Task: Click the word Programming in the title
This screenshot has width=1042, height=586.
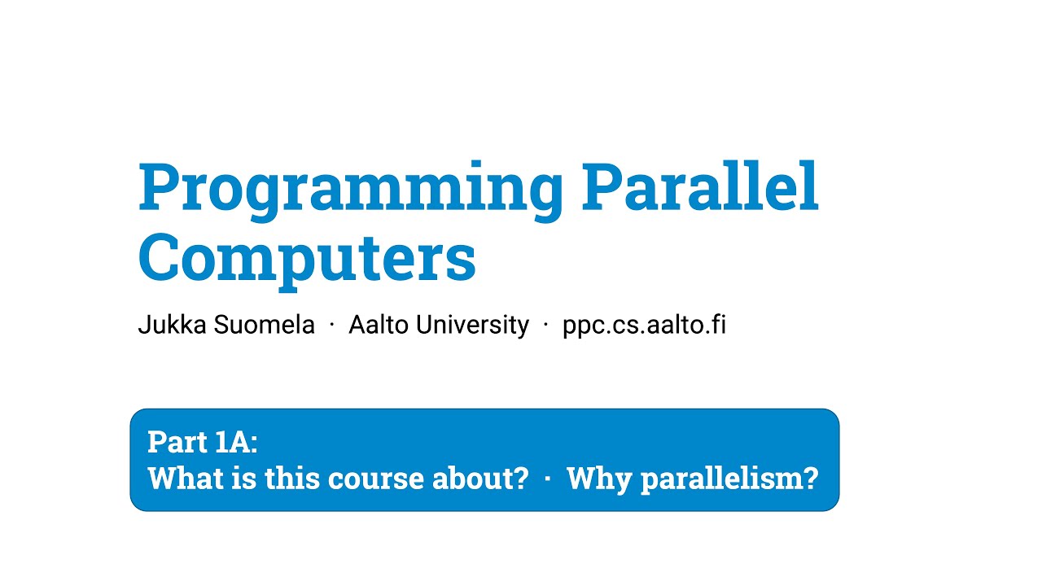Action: (x=350, y=189)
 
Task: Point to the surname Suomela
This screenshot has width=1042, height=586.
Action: (x=265, y=325)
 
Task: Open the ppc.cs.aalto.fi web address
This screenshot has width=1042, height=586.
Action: (x=644, y=325)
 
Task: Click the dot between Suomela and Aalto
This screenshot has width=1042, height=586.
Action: (x=332, y=326)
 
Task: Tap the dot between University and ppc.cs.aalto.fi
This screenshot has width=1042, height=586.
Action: (x=546, y=326)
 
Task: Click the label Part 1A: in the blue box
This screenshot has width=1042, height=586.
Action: (x=203, y=442)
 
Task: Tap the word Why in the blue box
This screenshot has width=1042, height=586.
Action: (x=599, y=479)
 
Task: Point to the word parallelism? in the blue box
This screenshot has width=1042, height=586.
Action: (x=729, y=479)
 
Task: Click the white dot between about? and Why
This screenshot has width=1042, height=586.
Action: (x=547, y=479)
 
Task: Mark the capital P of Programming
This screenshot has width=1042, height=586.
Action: (x=159, y=187)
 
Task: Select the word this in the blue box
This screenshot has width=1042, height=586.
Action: (x=291, y=478)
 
